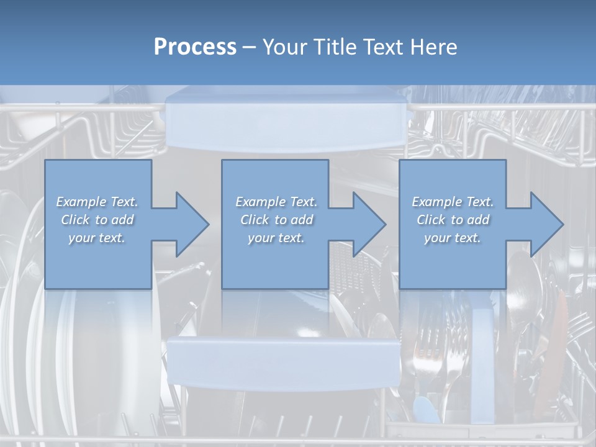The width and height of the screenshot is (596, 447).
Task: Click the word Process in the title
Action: (195, 47)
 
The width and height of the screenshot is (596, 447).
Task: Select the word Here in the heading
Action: (433, 47)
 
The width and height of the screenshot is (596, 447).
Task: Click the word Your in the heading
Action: (286, 47)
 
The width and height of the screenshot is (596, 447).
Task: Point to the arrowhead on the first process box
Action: (190, 224)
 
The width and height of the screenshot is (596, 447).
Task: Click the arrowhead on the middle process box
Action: (368, 224)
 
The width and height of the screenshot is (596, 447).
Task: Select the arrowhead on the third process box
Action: (545, 224)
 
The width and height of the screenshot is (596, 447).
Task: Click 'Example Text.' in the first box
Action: (97, 202)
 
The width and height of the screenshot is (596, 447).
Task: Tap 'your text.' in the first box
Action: (97, 238)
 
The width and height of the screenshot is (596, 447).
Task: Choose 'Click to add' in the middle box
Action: (276, 220)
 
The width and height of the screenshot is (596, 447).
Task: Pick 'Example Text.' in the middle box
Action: (276, 202)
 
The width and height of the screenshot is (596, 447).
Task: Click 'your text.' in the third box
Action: (453, 238)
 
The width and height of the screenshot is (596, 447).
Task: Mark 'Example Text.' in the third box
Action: (453, 202)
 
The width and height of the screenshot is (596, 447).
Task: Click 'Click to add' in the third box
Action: (453, 220)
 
